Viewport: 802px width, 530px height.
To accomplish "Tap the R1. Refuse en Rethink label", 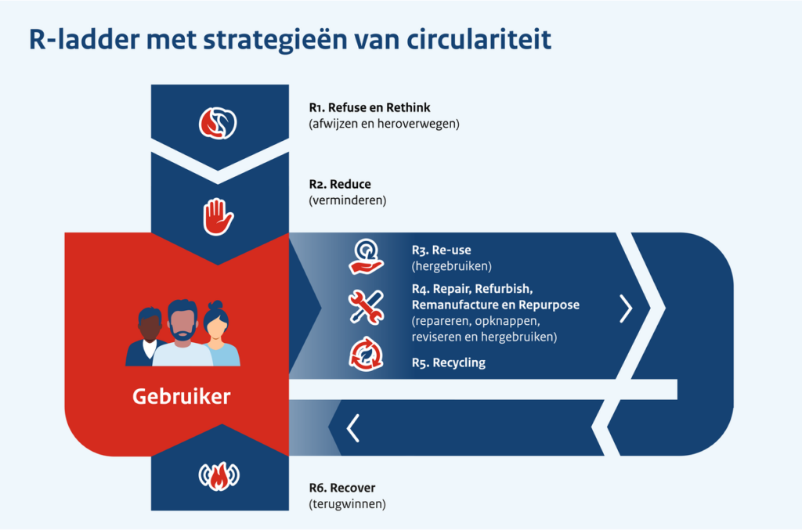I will coord(370,108).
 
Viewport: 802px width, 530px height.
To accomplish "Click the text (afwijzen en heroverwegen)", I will coord(384,124).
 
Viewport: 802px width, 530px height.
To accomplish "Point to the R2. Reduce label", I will coord(340,185).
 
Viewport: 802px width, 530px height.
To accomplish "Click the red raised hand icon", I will coord(219,216).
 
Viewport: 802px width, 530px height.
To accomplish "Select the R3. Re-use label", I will coord(441,251).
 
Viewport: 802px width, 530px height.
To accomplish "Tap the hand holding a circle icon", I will coord(365,256).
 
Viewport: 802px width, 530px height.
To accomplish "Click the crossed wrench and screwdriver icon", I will coord(365,306).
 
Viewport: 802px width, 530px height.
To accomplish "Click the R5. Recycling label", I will coord(448,362).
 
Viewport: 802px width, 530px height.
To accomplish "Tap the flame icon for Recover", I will coord(219,477).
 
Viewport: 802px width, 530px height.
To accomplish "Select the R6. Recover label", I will coord(342,489).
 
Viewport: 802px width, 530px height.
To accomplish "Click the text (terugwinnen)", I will coord(348,504).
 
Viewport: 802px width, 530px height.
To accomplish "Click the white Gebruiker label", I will coord(182,396).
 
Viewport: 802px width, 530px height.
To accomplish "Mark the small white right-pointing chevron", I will coord(625,309).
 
